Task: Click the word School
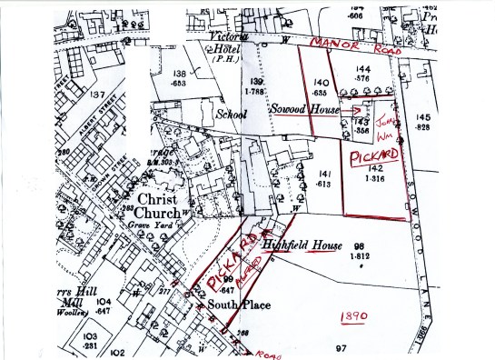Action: coord(232,115)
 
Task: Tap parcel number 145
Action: coord(423,117)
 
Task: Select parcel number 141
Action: coord(324,174)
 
